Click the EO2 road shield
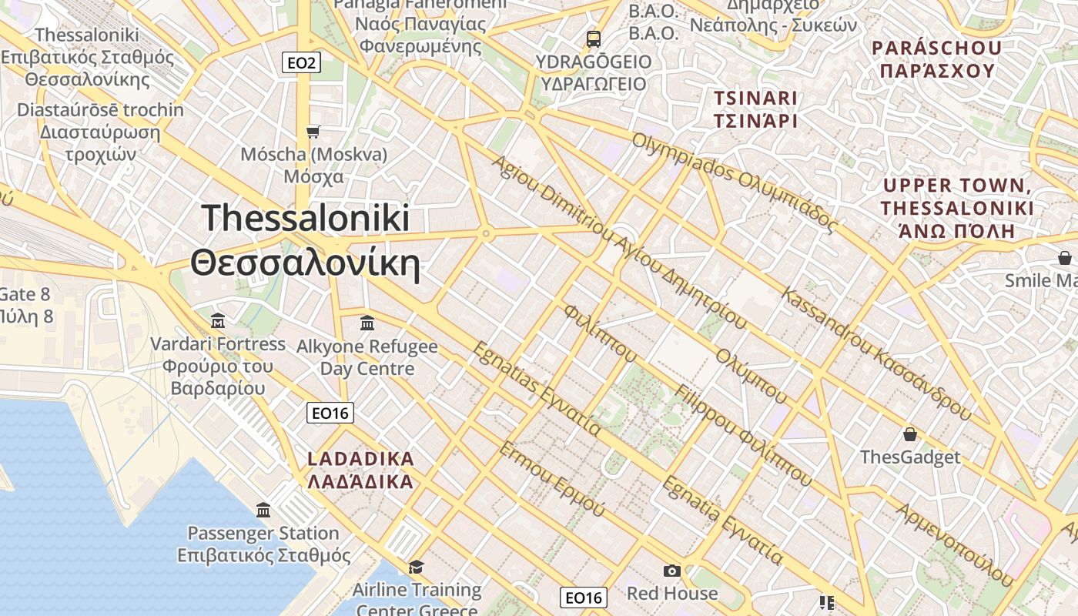[301, 63]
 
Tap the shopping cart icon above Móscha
[313, 132]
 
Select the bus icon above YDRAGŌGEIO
[593, 38]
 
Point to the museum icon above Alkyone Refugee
[367, 323]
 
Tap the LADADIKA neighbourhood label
[360, 470]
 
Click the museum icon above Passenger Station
[263, 510]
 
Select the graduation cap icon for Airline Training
[416, 567]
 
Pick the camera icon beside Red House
[672, 571]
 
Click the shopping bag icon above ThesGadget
[910, 434]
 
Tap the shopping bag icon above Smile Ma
[1064, 257]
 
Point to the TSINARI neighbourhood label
[755, 109]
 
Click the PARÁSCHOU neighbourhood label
[936, 59]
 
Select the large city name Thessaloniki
[306, 218]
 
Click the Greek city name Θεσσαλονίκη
[306, 264]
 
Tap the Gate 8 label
[25, 294]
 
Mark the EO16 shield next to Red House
[583, 598]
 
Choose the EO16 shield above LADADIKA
[330, 413]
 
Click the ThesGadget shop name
[910, 457]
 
